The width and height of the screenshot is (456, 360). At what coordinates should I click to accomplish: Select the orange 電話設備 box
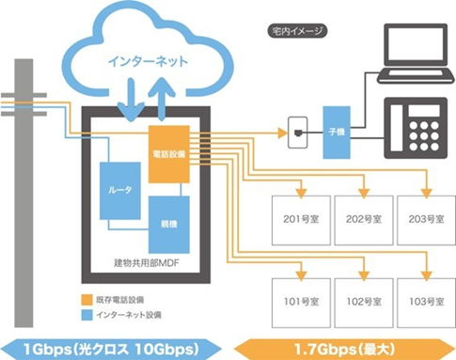click(x=169, y=154)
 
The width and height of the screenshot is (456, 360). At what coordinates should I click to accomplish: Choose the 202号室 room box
click(x=358, y=218)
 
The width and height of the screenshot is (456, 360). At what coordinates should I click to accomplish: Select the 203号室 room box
click(x=420, y=218)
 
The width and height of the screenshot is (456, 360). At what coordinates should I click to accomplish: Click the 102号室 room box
click(x=358, y=302)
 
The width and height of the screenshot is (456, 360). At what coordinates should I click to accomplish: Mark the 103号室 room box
click(x=420, y=302)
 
